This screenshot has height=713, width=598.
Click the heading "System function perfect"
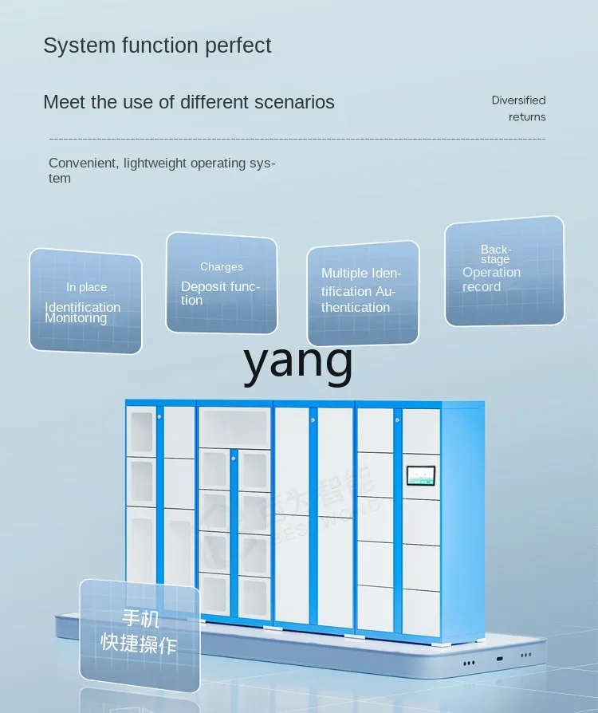click(x=157, y=45)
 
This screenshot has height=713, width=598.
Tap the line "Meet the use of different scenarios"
click(x=189, y=102)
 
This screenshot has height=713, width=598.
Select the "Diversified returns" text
click(x=519, y=108)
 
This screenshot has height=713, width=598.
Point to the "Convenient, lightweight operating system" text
click(x=162, y=170)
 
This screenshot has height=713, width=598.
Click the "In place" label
click(x=86, y=287)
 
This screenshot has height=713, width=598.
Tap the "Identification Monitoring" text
click(x=83, y=313)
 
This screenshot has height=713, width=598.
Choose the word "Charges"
click(x=222, y=266)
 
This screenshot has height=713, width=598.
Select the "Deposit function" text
click(x=220, y=293)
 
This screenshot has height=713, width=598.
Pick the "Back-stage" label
click(x=496, y=254)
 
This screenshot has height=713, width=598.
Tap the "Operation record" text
click(x=491, y=279)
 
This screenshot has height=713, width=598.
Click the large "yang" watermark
click(x=298, y=361)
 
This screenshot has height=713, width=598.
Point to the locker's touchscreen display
click(x=423, y=476)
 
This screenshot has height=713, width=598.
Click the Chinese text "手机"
click(x=140, y=618)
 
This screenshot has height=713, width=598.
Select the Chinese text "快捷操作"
click(x=139, y=644)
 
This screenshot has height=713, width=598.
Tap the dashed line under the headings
click(x=297, y=139)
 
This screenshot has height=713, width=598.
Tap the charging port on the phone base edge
click(x=499, y=659)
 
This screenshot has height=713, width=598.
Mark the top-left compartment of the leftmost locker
click(x=141, y=431)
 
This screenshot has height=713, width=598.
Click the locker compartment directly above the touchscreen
click(x=422, y=431)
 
